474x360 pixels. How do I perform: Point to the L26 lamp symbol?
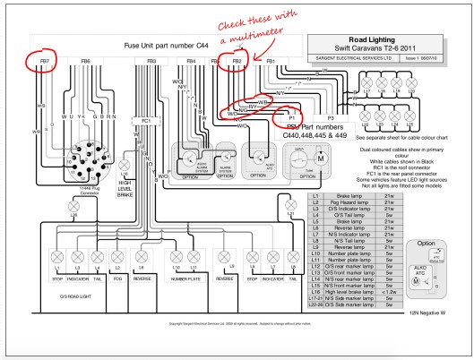coord(61,203)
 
